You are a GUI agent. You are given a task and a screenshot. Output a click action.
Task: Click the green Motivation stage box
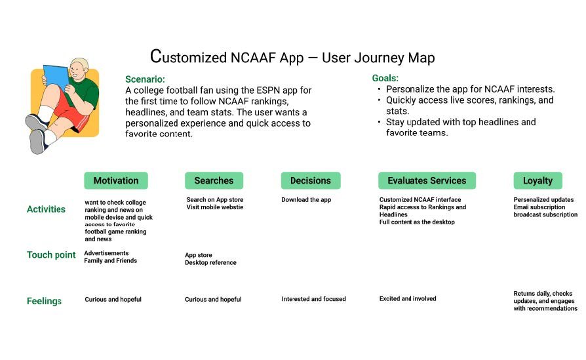click(x=116, y=180)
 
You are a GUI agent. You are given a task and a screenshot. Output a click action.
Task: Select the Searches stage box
click(x=214, y=180)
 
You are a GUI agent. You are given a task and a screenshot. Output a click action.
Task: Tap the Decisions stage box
click(x=311, y=180)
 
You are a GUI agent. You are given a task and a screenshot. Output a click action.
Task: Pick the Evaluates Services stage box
click(x=427, y=180)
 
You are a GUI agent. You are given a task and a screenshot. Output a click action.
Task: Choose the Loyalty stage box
click(x=537, y=180)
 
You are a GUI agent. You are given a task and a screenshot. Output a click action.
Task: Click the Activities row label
click(x=46, y=209)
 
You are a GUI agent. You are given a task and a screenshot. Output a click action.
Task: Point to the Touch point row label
click(x=51, y=254)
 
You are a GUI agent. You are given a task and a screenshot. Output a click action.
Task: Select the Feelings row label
click(x=44, y=301)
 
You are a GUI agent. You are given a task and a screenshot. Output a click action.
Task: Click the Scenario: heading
click(x=145, y=79)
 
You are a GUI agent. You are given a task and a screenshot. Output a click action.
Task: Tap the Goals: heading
click(x=385, y=78)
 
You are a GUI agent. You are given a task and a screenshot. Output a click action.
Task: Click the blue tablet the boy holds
click(x=56, y=77)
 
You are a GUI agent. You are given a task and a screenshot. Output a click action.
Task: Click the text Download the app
click(x=306, y=200)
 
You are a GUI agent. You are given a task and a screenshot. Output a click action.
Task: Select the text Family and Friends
click(x=111, y=261)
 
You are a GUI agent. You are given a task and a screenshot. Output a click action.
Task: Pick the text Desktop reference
click(x=210, y=263)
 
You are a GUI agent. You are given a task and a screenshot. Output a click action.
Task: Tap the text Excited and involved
click(x=407, y=299)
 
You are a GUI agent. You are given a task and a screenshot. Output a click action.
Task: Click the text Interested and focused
click(x=313, y=299)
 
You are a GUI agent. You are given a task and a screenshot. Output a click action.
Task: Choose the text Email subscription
click(x=539, y=207)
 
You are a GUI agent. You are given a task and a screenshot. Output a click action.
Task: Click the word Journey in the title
click(x=378, y=58)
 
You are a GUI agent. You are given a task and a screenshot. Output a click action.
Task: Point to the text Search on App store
click(x=214, y=200)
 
